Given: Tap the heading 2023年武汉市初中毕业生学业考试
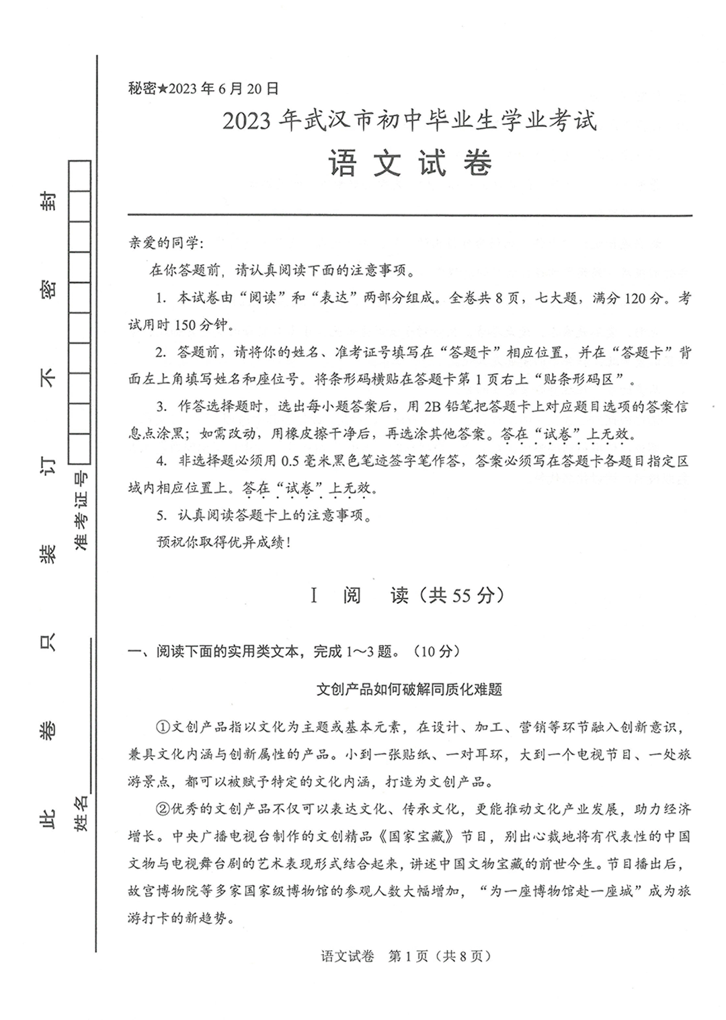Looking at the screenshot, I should tap(409, 121).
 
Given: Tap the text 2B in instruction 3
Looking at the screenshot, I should tap(432, 407).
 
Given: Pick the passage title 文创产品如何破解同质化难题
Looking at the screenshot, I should tap(409, 689).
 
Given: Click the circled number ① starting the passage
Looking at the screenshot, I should tap(163, 728).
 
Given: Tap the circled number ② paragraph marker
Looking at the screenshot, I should tap(163, 809).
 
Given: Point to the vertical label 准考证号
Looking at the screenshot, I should tap(81, 511).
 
